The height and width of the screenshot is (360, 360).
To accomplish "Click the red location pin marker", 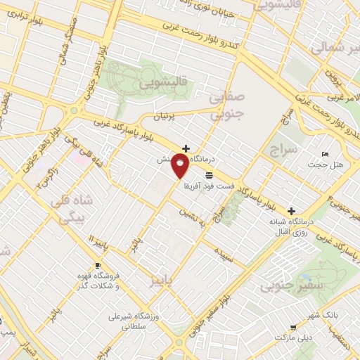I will point(181,167).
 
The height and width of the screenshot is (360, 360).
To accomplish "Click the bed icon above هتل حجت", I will point(324,154).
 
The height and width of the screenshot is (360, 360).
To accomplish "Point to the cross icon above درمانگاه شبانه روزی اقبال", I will point(291,211).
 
